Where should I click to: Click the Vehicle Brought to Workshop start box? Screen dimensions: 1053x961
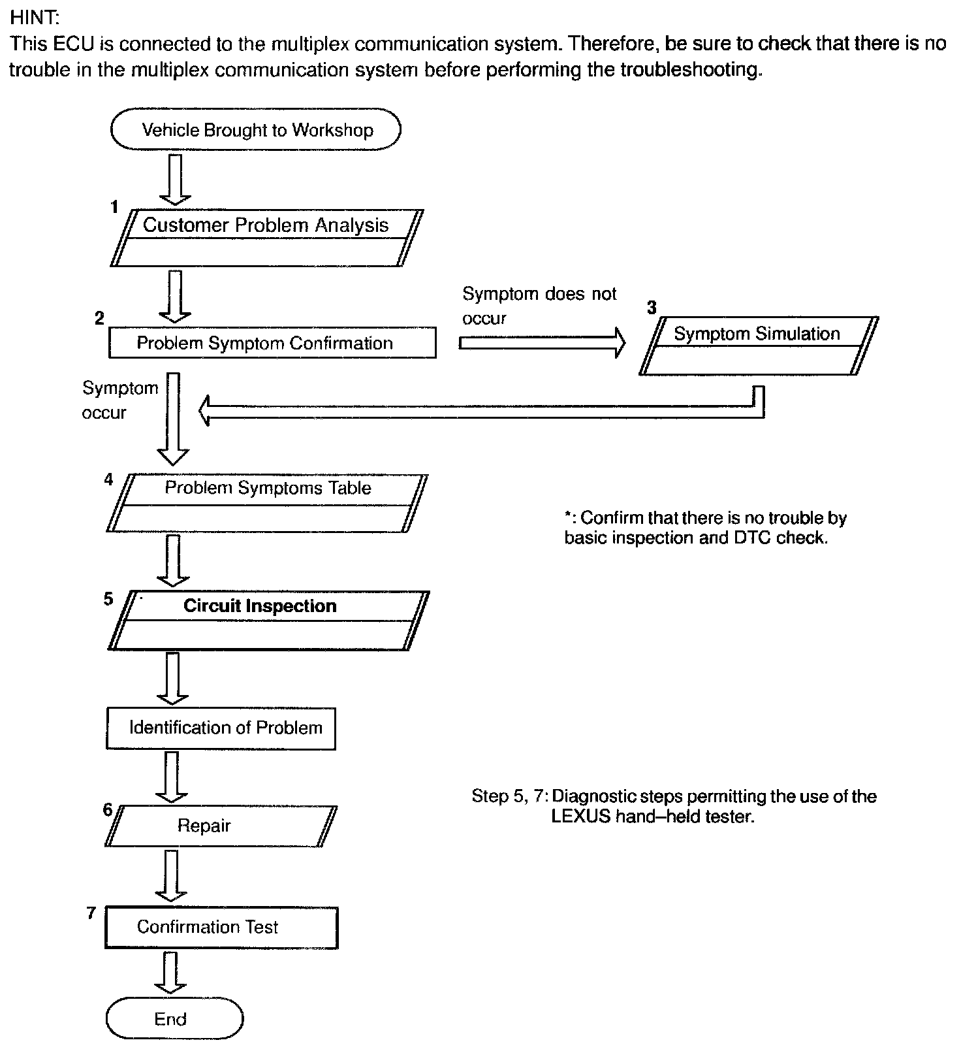click(x=255, y=129)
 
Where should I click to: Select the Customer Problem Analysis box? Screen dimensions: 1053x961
click(x=266, y=237)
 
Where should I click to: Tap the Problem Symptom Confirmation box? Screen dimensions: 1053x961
click(x=272, y=343)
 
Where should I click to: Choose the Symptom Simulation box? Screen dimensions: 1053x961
click(x=758, y=346)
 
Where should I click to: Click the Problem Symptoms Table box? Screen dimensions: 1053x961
click(x=267, y=502)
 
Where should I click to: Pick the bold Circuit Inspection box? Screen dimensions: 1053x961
click(x=268, y=620)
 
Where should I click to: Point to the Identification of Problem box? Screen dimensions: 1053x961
click(x=221, y=728)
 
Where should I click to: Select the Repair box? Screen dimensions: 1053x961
click(x=221, y=826)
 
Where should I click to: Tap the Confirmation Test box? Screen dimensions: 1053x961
click(x=221, y=927)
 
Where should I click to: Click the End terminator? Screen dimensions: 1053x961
click(x=174, y=1018)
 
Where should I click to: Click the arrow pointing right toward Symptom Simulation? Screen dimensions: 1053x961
click(x=541, y=343)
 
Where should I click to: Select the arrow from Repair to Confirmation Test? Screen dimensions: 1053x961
click(x=172, y=875)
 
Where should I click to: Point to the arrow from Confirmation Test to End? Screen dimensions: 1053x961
click(x=170, y=972)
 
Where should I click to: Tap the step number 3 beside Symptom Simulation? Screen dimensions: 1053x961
click(x=651, y=308)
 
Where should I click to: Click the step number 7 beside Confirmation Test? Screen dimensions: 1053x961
click(x=91, y=913)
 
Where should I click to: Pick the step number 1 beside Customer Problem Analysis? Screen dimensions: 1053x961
click(x=114, y=207)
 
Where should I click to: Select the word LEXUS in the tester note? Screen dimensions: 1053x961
click(x=580, y=817)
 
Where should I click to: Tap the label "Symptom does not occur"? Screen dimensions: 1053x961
click(x=539, y=306)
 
